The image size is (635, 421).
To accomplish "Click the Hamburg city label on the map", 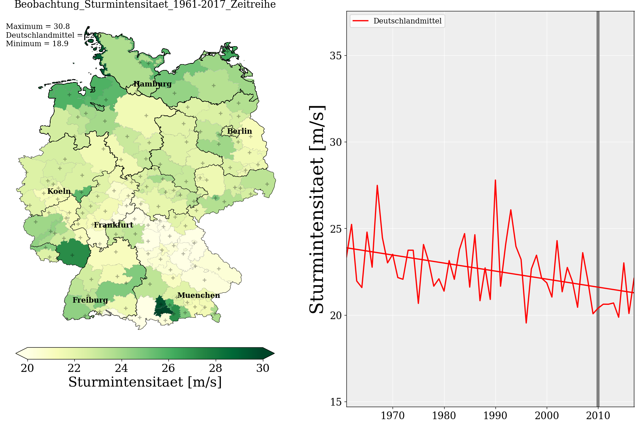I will [152, 84].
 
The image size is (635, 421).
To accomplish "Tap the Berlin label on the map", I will [239, 131].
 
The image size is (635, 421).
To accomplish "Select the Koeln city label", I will [59, 191].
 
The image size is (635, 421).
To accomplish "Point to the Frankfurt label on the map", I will [114, 225].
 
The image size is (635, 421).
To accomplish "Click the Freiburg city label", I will [90, 300].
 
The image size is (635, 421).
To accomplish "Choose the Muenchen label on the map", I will [198, 295].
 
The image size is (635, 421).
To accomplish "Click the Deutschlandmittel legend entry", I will [407, 21].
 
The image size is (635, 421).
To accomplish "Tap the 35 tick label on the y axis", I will [335, 56].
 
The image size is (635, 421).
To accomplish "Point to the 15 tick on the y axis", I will [335, 402].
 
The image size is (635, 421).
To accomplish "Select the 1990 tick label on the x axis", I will [495, 416].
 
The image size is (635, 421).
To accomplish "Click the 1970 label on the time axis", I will [393, 416].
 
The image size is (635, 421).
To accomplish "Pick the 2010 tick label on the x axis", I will [598, 416].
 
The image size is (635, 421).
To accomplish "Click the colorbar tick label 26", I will [168, 368].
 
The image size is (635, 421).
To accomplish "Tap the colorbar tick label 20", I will [27, 368].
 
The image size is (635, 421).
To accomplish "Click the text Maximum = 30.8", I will [38, 26].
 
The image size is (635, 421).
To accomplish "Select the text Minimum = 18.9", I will [37, 44].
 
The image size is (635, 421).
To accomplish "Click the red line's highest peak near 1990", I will [495, 180].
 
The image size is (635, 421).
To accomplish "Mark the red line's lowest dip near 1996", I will [526, 323].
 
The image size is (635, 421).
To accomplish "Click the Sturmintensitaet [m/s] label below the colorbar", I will [145, 382].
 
